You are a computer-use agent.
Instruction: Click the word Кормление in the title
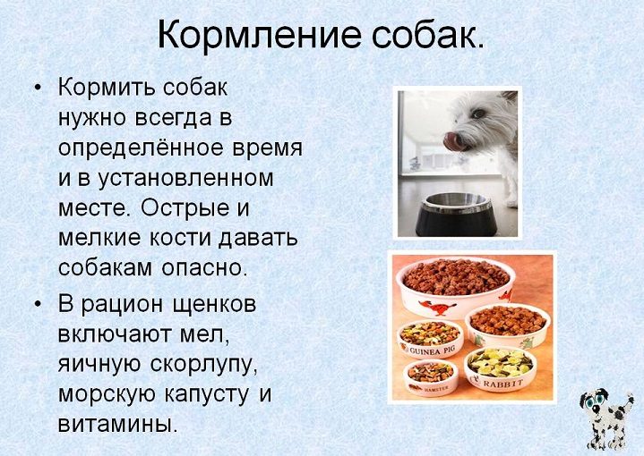click(259, 35)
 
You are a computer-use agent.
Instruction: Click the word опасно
click(204, 268)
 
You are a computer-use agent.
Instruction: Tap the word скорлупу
click(204, 365)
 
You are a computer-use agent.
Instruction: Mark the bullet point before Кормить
click(38, 89)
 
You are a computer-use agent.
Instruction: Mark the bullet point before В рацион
click(38, 306)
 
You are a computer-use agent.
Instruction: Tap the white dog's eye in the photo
click(477, 114)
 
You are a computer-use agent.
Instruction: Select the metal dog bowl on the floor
click(456, 215)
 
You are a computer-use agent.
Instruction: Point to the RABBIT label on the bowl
click(502, 384)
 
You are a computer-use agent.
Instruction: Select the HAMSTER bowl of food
click(431, 376)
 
